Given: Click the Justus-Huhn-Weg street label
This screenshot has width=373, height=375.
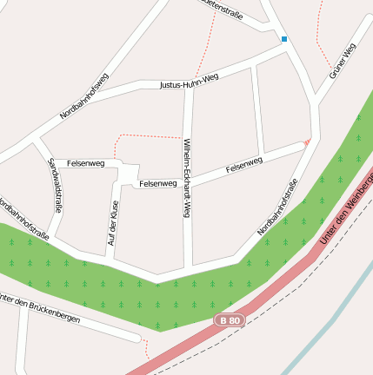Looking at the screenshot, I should pos(189,82).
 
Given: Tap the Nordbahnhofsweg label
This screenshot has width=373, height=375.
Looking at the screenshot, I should pos(84,96).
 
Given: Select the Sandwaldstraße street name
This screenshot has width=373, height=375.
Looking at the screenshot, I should pos(55,185).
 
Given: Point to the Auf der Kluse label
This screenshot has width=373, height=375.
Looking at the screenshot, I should pos(113,222).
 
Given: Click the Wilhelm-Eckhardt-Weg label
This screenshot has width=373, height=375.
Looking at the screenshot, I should pos(186,178).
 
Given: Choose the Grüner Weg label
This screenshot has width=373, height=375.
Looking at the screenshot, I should pos(343,62).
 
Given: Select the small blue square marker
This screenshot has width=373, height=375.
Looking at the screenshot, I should pos(284,39).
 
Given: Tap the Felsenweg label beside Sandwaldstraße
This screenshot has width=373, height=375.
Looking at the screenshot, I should pos(85,162).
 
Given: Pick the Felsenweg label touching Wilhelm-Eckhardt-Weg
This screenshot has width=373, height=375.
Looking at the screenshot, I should pos(158,183).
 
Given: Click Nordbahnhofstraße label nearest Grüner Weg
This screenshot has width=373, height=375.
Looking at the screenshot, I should pos(278,207).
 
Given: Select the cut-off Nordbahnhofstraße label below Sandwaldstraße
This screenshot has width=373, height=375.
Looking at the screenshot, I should pos(24,219).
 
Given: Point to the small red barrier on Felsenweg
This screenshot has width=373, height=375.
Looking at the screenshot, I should pos(306,141).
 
